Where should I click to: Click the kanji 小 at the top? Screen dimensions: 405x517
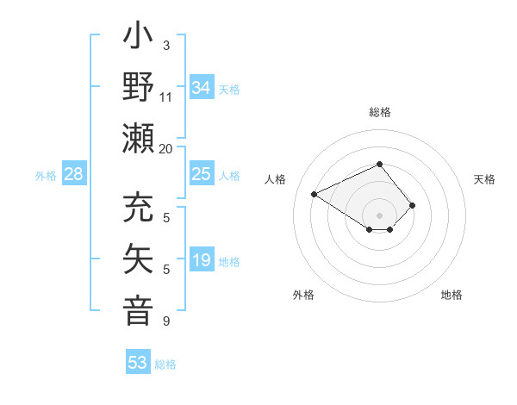tap(139, 40)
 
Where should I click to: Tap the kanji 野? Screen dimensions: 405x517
tap(139, 88)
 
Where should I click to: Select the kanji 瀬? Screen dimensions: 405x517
tap(139, 139)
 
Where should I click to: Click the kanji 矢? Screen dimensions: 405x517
tap(139, 259)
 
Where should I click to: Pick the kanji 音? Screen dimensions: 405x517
tap(139, 309)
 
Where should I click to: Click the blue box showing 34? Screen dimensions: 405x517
tap(201, 87)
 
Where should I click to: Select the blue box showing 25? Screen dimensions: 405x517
tap(201, 174)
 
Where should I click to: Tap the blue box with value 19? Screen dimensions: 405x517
tap(201, 260)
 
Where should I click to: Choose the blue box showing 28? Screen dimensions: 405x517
tap(74, 174)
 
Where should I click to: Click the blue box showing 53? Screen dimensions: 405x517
tap(138, 363)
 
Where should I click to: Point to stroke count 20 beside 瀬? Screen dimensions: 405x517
tap(166, 148)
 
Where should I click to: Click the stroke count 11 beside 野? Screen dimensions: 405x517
tap(166, 97)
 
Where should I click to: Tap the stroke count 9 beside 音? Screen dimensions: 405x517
tap(166, 321)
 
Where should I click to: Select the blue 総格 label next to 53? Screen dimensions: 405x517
tap(165, 364)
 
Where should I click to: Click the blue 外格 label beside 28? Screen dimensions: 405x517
tap(46, 176)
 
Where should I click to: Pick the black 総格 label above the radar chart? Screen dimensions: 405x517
tap(379, 112)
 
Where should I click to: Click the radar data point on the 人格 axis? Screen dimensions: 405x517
tap(315, 193)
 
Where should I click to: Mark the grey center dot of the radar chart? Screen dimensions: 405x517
tap(379, 215)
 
